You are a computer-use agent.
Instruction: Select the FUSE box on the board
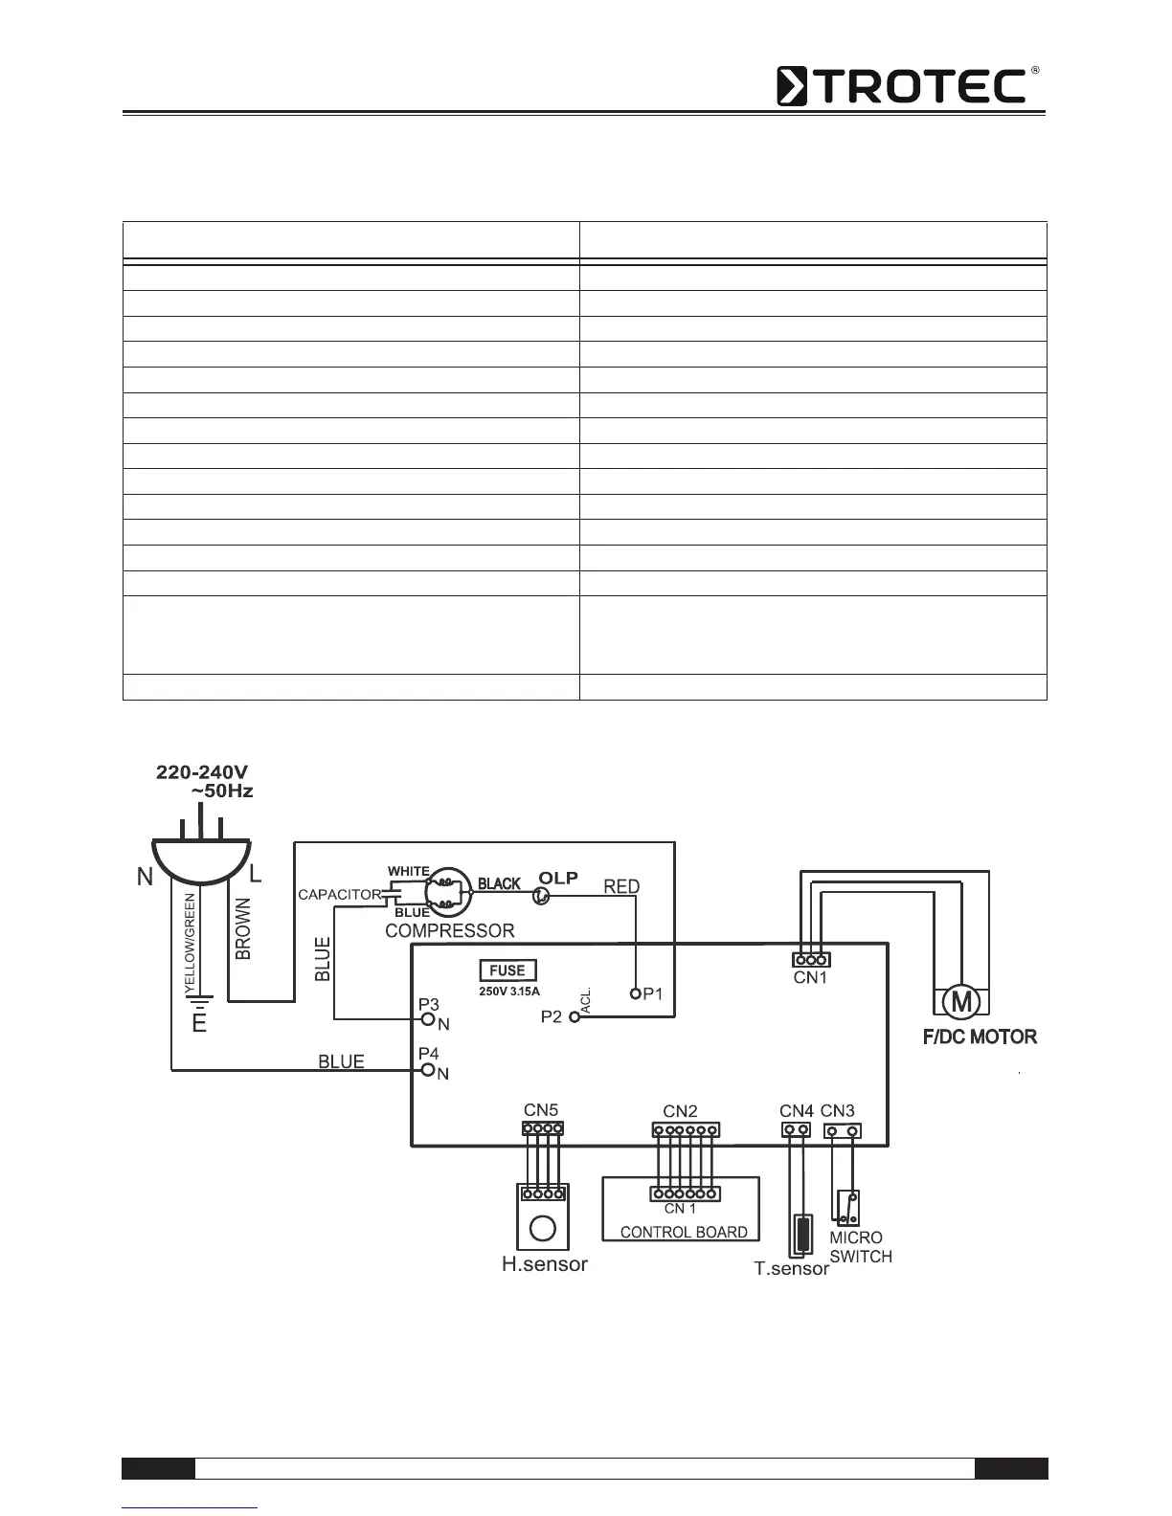coord(507,970)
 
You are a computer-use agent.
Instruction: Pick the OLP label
coord(558,878)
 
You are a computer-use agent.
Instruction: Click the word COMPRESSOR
coord(449,930)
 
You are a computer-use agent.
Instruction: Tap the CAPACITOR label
coord(340,895)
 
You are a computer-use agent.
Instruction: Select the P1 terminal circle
coord(634,993)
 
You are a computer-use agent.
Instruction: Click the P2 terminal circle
coord(575,1017)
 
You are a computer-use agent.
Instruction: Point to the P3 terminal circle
coord(429,1018)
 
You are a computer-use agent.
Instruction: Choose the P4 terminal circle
coord(429,1069)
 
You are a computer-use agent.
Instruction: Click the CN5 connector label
coord(541,1110)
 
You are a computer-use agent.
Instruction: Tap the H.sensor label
coord(545,1264)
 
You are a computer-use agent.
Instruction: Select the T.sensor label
coord(791,1269)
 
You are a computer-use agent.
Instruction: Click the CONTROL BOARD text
coord(684,1232)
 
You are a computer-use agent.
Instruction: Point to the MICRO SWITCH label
coord(861,1247)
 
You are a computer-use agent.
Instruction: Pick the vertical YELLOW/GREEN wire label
coord(190,942)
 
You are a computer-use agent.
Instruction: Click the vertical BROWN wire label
coord(243,928)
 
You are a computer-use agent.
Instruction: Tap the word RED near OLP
coord(621,887)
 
